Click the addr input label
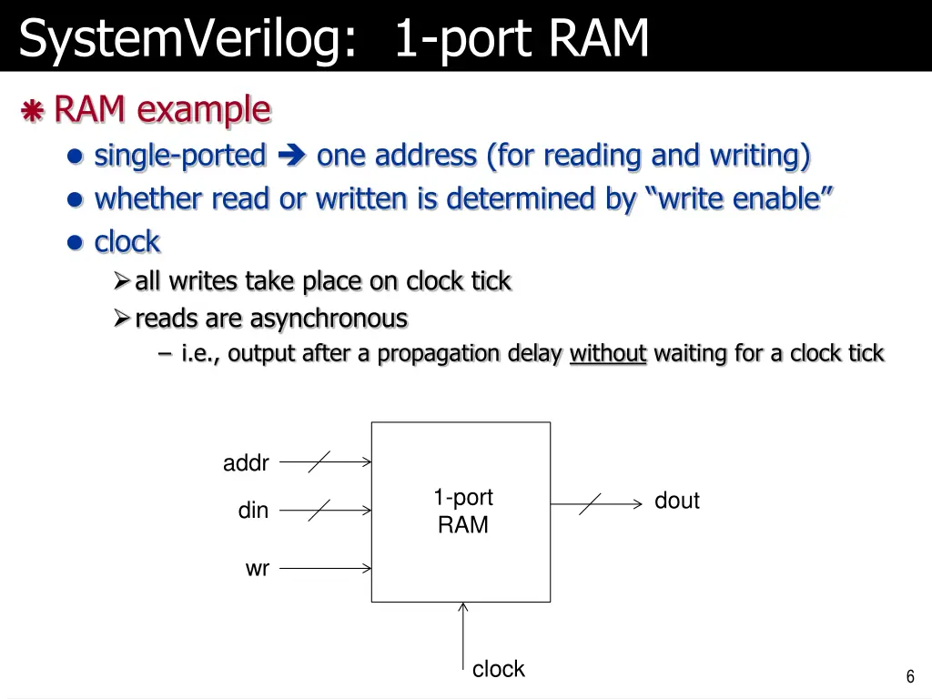(x=246, y=463)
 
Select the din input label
(x=253, y=511)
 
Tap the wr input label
(x=258, y=569)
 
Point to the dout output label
(x=676, y=501)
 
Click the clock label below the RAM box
(x=498, y=669)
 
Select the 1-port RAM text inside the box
(x=462, y=511)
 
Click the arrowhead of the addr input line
(x=367, y=461)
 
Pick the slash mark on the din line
(x=319, y=511)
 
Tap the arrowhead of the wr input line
(x=367, y=569)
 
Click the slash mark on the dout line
(x=590, y=503)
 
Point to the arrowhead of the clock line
(x=463, y=607)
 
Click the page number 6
(x=910, y=676)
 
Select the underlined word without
(x=607, y=353)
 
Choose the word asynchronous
(x=329, y=319)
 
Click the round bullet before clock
(x=76, y=243)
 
